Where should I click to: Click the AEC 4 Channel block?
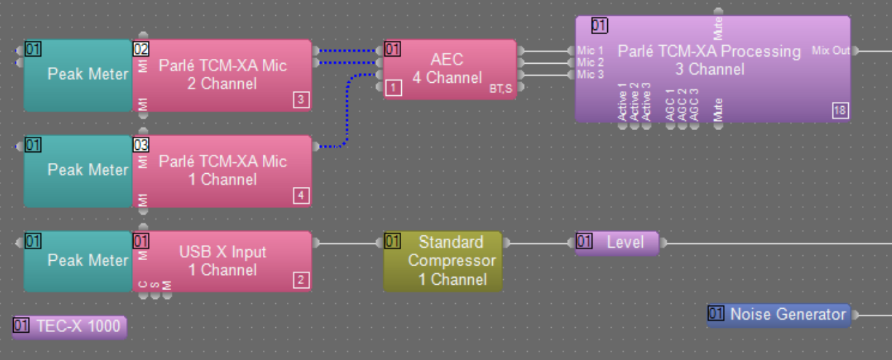pos(448,68)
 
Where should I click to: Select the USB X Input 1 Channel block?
pos(222,261)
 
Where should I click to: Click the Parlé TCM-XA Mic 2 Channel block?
pos(222,75)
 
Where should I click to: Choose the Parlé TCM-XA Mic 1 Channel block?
pos(222,170)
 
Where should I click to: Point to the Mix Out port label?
pos(830,51)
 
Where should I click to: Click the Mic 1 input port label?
pos(590,51)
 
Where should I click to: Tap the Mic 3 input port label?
pos(590,75)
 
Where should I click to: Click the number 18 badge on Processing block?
pos(840,111)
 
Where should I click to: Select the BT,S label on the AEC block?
pos(500,88)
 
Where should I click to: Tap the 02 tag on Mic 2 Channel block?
pos(141,49)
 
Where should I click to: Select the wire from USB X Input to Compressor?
pos(347,243)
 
